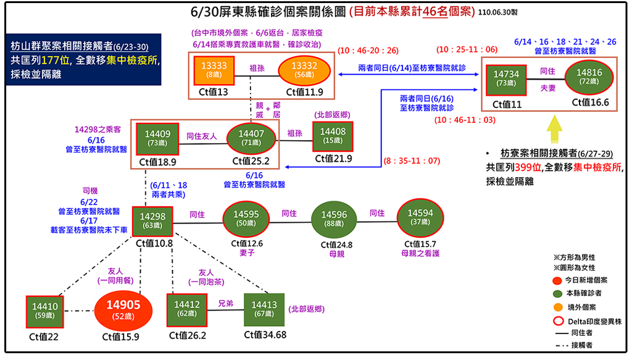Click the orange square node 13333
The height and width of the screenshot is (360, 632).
[x=214, y=69]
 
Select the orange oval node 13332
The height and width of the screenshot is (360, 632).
[x=304, y=69]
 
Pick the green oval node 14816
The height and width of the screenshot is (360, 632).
[x=584, y=76]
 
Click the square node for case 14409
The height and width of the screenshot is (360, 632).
[x=157, y=138]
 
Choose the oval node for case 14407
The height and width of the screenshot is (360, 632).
[x=251, y=138]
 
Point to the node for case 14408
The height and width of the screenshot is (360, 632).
[x=333, y=136]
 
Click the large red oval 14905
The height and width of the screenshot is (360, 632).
[x=123, y=310]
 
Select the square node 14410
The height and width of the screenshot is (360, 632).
[x=44, y=311]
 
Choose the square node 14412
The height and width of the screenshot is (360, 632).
[x=187, y=309]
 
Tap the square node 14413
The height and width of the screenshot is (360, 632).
[x=264, y=309]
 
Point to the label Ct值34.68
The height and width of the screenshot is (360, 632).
[x=265, y=335]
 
